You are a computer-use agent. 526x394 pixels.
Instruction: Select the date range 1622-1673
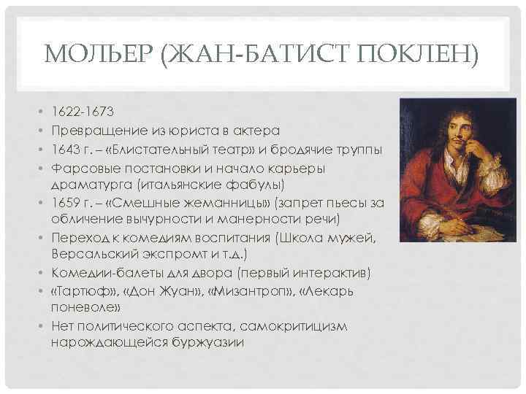click(83, 112)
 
